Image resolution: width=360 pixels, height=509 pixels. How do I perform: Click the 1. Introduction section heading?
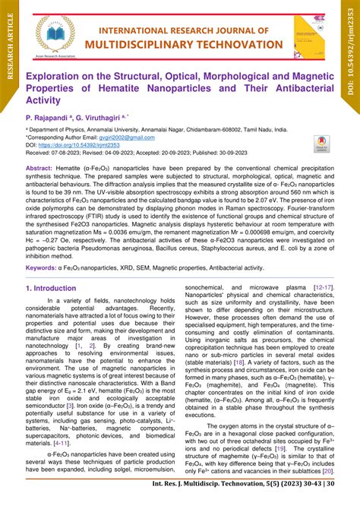[x=57, y=289]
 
